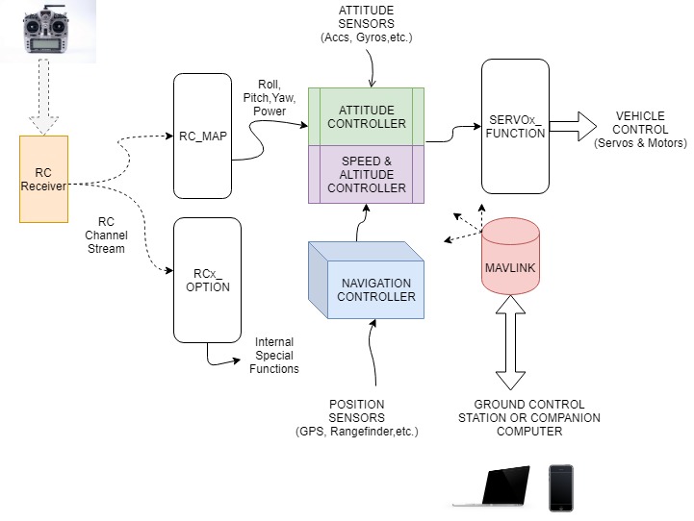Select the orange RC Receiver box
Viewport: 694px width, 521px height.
click(x=43, y=179)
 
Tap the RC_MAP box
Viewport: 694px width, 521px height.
click(x=202, y=135)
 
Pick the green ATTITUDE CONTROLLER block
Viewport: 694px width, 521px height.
click(x=367, y=116)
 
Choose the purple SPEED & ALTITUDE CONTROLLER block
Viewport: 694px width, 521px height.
click(x=367, y=174)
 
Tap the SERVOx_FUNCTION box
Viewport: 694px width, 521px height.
click(x=515, y=126)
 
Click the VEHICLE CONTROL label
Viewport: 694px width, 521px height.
click(x=640, y=130)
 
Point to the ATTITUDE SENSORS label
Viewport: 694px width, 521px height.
click(x=366, y=24)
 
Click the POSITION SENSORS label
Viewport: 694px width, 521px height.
click(x=363, y=418)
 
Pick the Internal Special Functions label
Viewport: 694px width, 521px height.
click(x=274, y=355)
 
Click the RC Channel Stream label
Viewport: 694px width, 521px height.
click(x=105, y=235)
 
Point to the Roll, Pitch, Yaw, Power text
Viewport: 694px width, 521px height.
click(x=270, y=97)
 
